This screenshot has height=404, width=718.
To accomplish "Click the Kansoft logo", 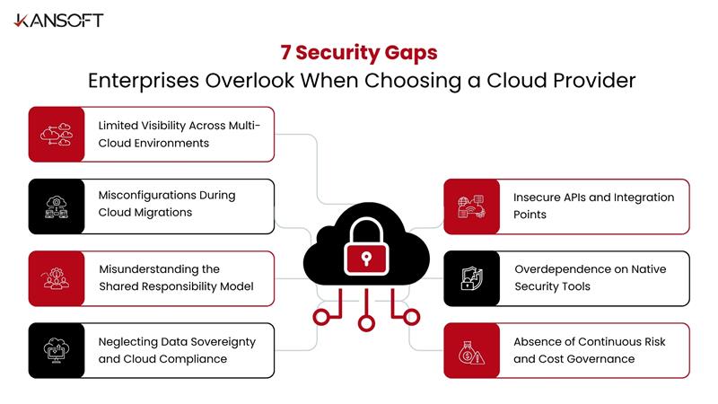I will [58, 20].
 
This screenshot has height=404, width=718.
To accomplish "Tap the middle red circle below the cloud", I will [364, 322].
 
